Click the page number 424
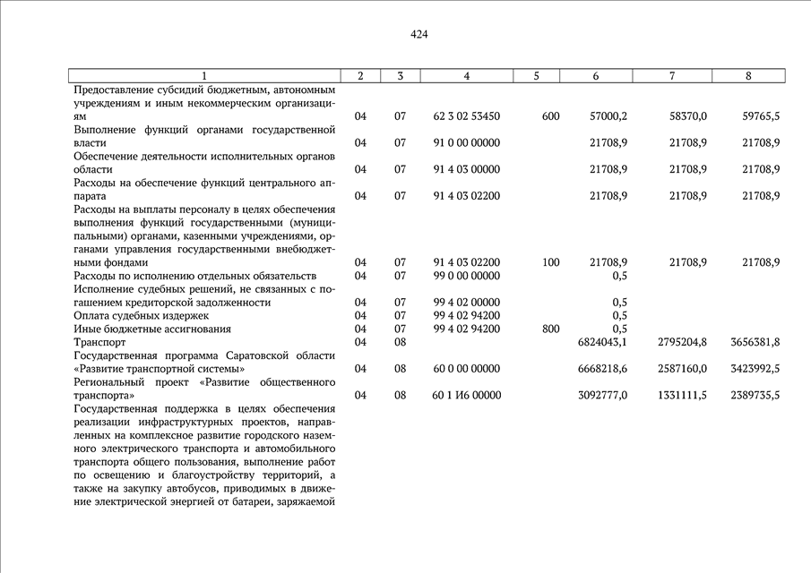click(419, 35)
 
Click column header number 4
click(467, 76)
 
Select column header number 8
click(748, 76)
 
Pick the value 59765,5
click(761, 116)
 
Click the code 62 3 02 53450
click(466, 116)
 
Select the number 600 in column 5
click(551, 116)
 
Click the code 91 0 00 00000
click(466, 143)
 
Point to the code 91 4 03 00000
click(466, 169)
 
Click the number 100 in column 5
click(551, 262)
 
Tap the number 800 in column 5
click(551, 329)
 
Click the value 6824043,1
click(599, 342)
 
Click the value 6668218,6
click(599, 369)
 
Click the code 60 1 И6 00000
click(467, 395)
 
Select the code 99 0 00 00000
click(466, 276)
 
